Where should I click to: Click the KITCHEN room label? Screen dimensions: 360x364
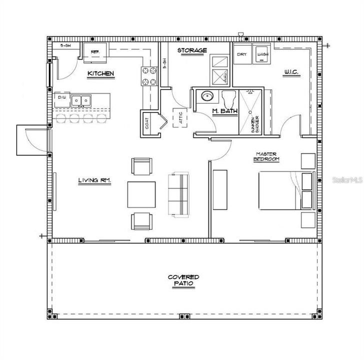tap(100, 74)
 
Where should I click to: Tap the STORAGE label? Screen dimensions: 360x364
tap(191, 50)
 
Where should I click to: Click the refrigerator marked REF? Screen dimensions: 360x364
tap(94, 52)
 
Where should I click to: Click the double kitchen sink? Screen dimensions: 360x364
tap(80, 100)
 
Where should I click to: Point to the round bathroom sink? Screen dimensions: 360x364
tap(206, 96)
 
